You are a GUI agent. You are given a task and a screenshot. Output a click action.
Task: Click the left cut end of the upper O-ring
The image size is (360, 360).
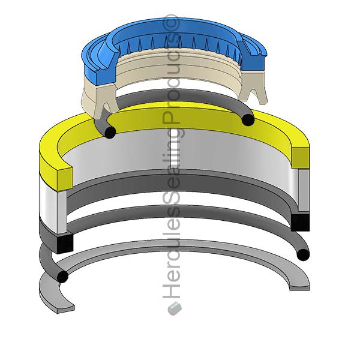[109, 133]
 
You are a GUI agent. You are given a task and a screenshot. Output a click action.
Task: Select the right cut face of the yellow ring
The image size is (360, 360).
[301, 157]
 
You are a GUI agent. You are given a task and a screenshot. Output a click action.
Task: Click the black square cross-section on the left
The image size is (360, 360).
[64, 242]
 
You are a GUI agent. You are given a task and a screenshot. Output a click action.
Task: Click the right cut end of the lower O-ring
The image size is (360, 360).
[303, 254]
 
